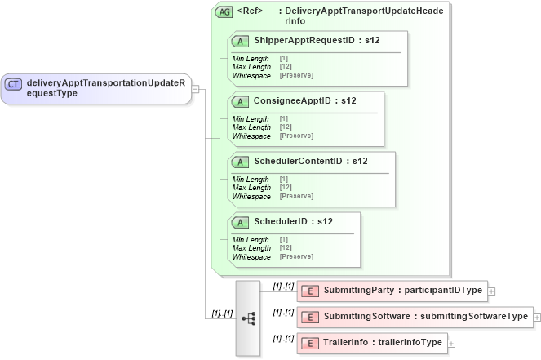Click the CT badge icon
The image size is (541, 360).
pos(14,83)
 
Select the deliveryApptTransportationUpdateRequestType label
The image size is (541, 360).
pos(106,88)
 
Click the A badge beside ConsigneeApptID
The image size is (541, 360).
pos(241,101)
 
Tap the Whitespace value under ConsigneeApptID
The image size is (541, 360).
pos(296,136)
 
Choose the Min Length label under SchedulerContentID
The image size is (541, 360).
pos(251,180)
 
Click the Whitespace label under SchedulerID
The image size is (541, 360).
pos(251,257)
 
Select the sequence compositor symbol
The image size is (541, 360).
pos(248,318)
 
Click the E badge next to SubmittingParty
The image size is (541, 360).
pos(309,291)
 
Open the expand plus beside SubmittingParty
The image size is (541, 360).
pos(491,291)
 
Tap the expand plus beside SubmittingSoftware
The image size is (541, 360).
pos(538,318)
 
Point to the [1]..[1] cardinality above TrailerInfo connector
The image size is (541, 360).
pos(283,337)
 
